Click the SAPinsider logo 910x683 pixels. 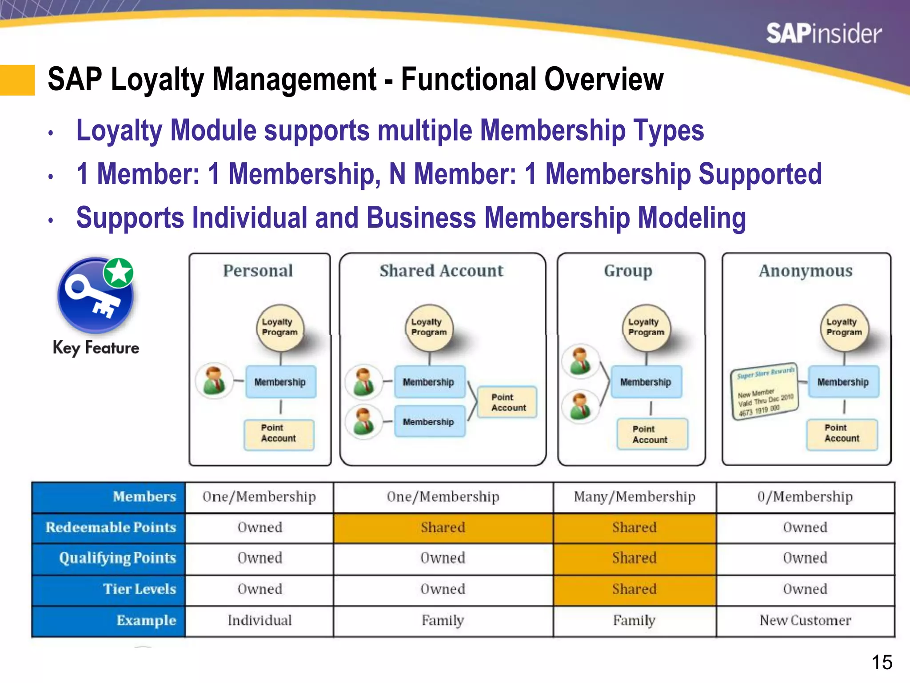(823, 34)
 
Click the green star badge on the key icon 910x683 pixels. (119, 272)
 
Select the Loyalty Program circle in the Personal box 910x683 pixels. (280, 327)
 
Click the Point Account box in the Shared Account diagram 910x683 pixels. (507, 402)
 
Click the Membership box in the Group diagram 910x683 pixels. (646, 382)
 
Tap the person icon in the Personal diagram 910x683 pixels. (215, 381)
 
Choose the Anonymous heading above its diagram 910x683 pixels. (806, 270)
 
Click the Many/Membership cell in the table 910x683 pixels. (635, 497)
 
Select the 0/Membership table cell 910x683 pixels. (805, 497)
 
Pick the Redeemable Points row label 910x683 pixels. (111, 527)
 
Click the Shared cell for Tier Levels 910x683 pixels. (635, 589)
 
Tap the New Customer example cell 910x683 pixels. (805, 620)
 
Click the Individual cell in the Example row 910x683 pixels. (259, 620)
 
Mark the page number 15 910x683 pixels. (882, 663)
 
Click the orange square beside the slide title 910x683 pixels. (17, 80)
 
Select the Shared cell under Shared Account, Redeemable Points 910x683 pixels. (443, 527)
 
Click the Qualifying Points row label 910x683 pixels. (117, 558)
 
